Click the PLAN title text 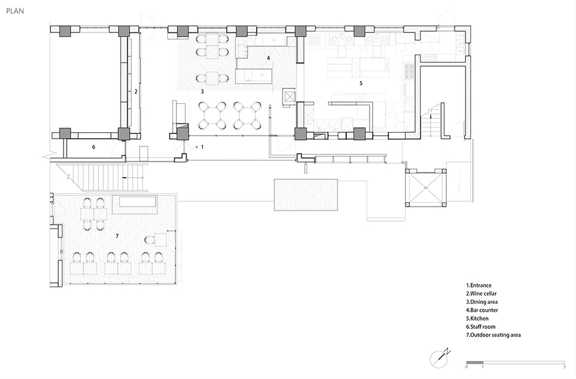[x=15, y=11]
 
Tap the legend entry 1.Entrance [x=479, y=285]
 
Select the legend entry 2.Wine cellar [x=481, y=294]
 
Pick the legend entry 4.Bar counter [x=482, y=311]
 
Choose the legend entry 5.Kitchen [x=477, y=318]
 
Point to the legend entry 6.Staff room [x=481, y=327]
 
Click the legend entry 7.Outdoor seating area [x=493, y=335]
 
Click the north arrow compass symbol [x=440, y=358]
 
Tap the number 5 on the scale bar [x=564, y=366]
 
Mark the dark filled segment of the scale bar [x=475, y=362]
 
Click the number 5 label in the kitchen [x=361, y=83]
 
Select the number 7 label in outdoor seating [x=117, y=236]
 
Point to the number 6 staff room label [x=94, y=147]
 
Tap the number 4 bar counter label [x=268, y=58]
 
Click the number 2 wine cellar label [x=136, y=91]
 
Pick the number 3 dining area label [x=202, y=91]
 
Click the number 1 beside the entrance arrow [x=202, y=147]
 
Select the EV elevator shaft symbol [x=426, y=188]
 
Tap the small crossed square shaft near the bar [x=289, y=97]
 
